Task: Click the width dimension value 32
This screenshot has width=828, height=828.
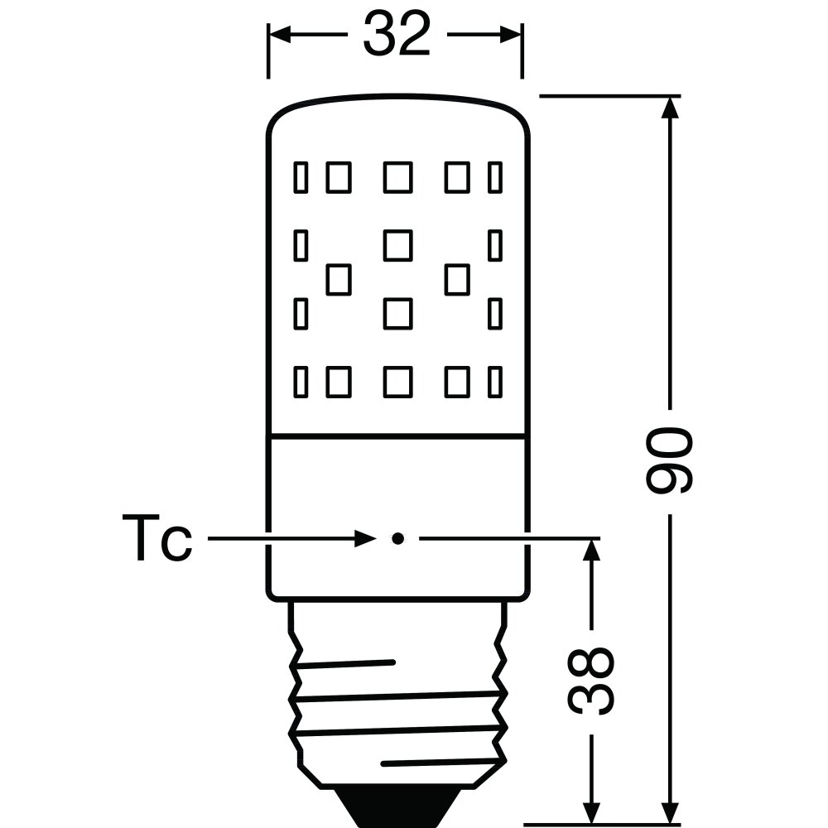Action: [397, 34]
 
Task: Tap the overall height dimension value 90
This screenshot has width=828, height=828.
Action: [669, 461]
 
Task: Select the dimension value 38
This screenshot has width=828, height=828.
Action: [591, 681]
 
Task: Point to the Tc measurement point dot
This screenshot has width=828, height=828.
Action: [397, 539]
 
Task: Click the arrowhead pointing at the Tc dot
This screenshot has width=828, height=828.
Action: [365, 539]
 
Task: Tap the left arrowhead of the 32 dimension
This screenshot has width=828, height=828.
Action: [281, 34]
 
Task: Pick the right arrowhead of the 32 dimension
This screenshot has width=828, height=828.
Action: [511, 34]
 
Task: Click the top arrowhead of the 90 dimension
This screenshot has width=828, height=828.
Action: [670, 108]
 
